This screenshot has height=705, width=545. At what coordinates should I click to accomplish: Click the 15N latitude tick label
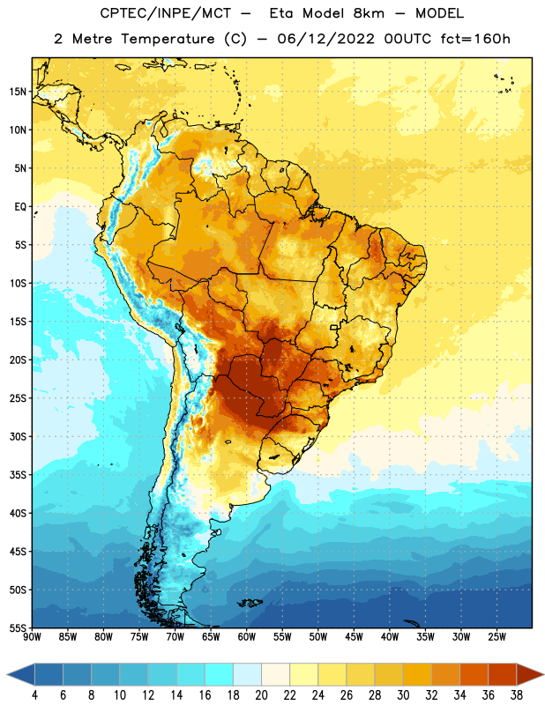click(x=18, y=92)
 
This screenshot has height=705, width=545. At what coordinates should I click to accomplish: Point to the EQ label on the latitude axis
click(x=20, y=207)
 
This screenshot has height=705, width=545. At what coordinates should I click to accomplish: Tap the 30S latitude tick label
click(x=18, y=436)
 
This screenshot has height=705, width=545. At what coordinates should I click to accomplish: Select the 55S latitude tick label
click(x=18, y=628)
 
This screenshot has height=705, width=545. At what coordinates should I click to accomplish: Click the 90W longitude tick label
click(x=32, y=637)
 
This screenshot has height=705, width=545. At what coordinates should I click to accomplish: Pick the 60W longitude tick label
click(x=247, y=637)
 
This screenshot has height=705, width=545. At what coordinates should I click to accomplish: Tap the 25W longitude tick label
click(x=496, y=637)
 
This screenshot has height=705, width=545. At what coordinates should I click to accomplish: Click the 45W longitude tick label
click(x=354, y=637)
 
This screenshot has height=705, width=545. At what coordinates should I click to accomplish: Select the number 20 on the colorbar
click(x=261, y=695)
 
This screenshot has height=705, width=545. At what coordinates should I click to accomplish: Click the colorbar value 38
click(x=517, y=695)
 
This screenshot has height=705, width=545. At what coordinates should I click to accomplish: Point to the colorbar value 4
click(x=34, y=695)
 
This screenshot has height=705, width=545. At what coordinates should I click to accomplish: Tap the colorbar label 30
click(x=403, y=695)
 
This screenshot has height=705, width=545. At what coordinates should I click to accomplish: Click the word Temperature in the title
click(x=168, y=39)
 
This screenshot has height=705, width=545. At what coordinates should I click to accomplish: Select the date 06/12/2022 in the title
click(x=325, y=39)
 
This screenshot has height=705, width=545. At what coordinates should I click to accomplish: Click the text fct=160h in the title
click(x=475, y=39)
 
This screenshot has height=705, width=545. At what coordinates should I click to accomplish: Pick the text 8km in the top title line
click(x=369, y=13)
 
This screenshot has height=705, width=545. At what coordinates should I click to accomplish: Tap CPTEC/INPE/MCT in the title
click(x=166, y=13)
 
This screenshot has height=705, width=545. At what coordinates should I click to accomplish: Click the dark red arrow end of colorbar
click(x=531, y=675)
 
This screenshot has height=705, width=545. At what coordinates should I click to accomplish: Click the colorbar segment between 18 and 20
click(x=247, y=675)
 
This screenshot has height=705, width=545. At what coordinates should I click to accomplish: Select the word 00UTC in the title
click(x=407, y=39)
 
